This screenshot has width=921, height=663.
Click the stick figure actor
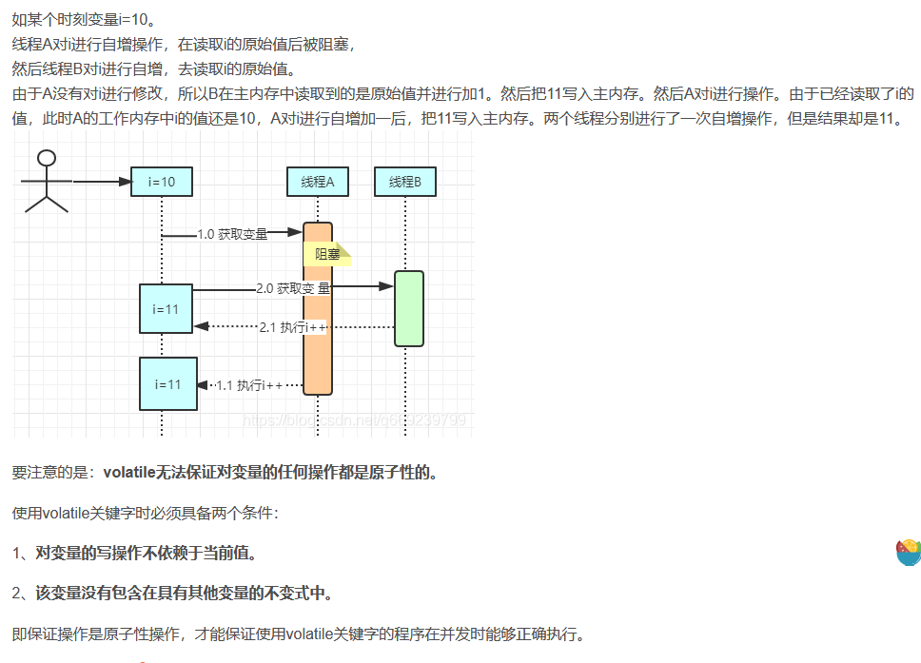coord(46,180)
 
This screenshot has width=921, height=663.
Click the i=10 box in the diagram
coord(162,182)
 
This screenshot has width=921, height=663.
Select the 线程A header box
coord(318,182)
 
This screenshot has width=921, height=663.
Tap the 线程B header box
coord(405,182)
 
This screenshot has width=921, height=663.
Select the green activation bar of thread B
coord(408,308)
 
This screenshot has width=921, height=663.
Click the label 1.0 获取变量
coord(232,234)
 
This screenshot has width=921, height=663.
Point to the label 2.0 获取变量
coord(293,287)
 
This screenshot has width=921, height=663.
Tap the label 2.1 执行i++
coord(293,327)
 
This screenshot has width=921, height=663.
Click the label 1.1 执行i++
coord(249,385)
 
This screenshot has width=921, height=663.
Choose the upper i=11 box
coord(166,309)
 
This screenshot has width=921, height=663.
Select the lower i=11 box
coord(167,384)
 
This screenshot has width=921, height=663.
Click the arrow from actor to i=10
coord(100,181)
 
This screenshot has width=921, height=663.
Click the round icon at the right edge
coord(909,552)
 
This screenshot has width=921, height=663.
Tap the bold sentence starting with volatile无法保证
coord(270,473)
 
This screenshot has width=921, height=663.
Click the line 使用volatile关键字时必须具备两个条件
coord(145,514)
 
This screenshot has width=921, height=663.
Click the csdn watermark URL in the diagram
coord(354,419)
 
